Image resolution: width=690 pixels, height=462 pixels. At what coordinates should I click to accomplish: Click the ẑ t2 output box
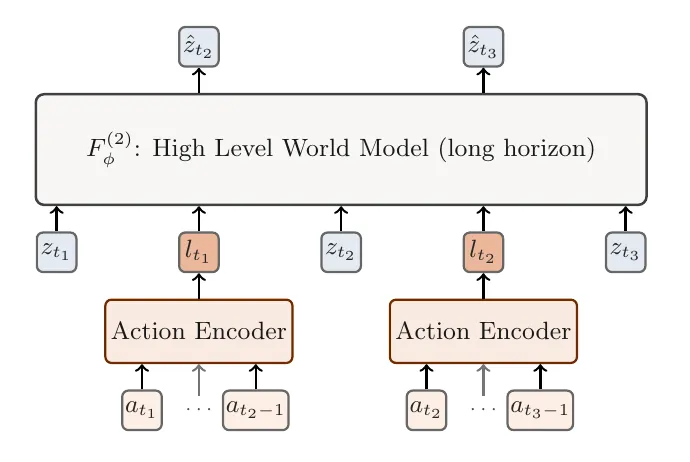pos(199,47)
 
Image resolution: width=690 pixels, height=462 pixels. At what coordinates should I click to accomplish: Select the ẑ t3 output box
pos(483,47)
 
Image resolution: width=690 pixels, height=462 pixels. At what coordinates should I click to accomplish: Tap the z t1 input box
pos(57,252)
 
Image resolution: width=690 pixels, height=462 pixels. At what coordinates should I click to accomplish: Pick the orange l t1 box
pos(199,252)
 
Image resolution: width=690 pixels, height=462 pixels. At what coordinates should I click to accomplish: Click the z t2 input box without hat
pos(341,252)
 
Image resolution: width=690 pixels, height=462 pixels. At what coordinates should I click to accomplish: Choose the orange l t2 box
pos(483,252)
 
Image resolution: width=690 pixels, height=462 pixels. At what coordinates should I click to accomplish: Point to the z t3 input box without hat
pos(626,252)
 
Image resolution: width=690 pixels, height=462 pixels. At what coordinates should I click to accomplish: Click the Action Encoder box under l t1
pos(199,331)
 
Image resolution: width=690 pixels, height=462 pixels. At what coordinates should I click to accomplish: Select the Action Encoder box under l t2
pos(483,331)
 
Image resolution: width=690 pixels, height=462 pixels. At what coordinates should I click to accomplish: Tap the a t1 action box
pos(142,410)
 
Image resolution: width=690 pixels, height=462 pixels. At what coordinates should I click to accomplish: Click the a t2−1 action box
pos(256,410)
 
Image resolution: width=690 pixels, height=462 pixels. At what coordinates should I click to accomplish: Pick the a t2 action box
pos(426,410)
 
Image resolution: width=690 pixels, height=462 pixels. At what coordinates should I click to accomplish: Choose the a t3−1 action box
pos(540,410)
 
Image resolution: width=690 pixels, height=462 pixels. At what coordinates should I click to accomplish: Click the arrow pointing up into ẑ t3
pos(483,81)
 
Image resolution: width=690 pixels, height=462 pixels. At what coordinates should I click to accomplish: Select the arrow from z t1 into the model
pos(57,219)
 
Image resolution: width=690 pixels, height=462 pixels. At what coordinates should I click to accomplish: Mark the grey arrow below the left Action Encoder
pos(199,380)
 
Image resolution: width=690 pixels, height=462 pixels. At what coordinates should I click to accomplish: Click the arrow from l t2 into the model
pos(483,219)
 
